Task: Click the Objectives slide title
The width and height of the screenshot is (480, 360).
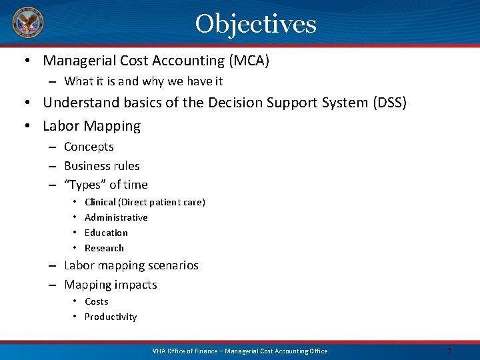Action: [x=255, y=24]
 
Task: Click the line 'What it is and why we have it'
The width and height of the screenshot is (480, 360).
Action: [x=143, y=81]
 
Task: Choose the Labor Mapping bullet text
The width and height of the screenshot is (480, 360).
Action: [x=91, y=126]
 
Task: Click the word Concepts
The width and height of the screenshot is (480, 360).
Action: [x=89, y=147]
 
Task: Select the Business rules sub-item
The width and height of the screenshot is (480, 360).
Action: [x=101, y=166]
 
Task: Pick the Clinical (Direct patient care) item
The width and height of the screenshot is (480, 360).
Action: [x=145, y=202]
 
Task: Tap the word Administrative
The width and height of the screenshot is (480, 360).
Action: [x=116, y=217]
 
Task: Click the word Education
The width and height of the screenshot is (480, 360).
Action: [x=106, y=233]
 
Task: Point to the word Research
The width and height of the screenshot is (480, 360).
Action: [x=104, y=248]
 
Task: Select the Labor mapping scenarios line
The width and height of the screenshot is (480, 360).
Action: [x=131, y=265]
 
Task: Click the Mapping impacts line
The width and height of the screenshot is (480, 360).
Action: [x=110, y=285]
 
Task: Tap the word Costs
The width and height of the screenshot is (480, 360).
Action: [x=96, y=301]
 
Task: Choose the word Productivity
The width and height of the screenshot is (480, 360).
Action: [x=110, y=317]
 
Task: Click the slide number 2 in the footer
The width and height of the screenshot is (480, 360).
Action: [x=449, y=351]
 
